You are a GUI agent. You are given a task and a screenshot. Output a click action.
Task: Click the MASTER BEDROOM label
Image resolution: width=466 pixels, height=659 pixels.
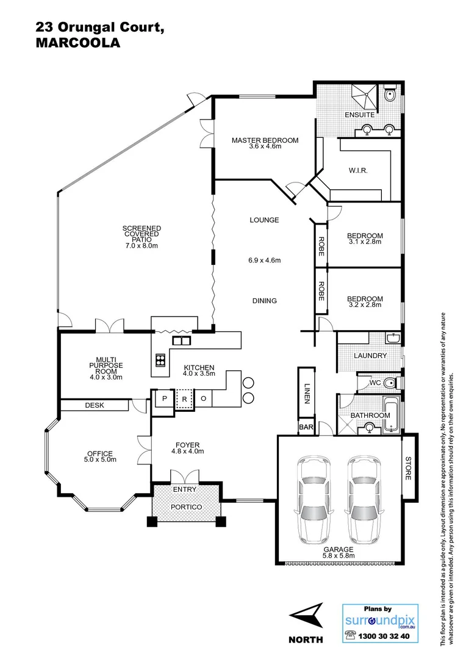[265, 141]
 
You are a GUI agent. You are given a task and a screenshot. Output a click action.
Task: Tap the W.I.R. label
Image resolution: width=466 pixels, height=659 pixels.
[358, 170]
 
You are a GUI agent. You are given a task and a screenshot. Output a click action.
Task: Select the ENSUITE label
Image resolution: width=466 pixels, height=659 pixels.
[359, 115]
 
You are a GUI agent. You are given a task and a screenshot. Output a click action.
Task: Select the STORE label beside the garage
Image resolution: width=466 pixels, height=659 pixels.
[409, 468]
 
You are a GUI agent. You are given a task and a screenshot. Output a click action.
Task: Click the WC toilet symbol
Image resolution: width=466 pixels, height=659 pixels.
[392, 383]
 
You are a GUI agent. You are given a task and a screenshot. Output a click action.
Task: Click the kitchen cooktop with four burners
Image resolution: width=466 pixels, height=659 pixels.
[161, 359]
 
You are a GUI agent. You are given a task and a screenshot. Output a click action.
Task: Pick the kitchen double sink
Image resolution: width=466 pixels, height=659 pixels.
[181, 340]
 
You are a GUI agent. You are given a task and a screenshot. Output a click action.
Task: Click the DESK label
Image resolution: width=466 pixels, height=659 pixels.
[93, 405]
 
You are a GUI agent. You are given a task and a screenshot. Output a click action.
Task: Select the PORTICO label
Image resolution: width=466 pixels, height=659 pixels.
[187, 507]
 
